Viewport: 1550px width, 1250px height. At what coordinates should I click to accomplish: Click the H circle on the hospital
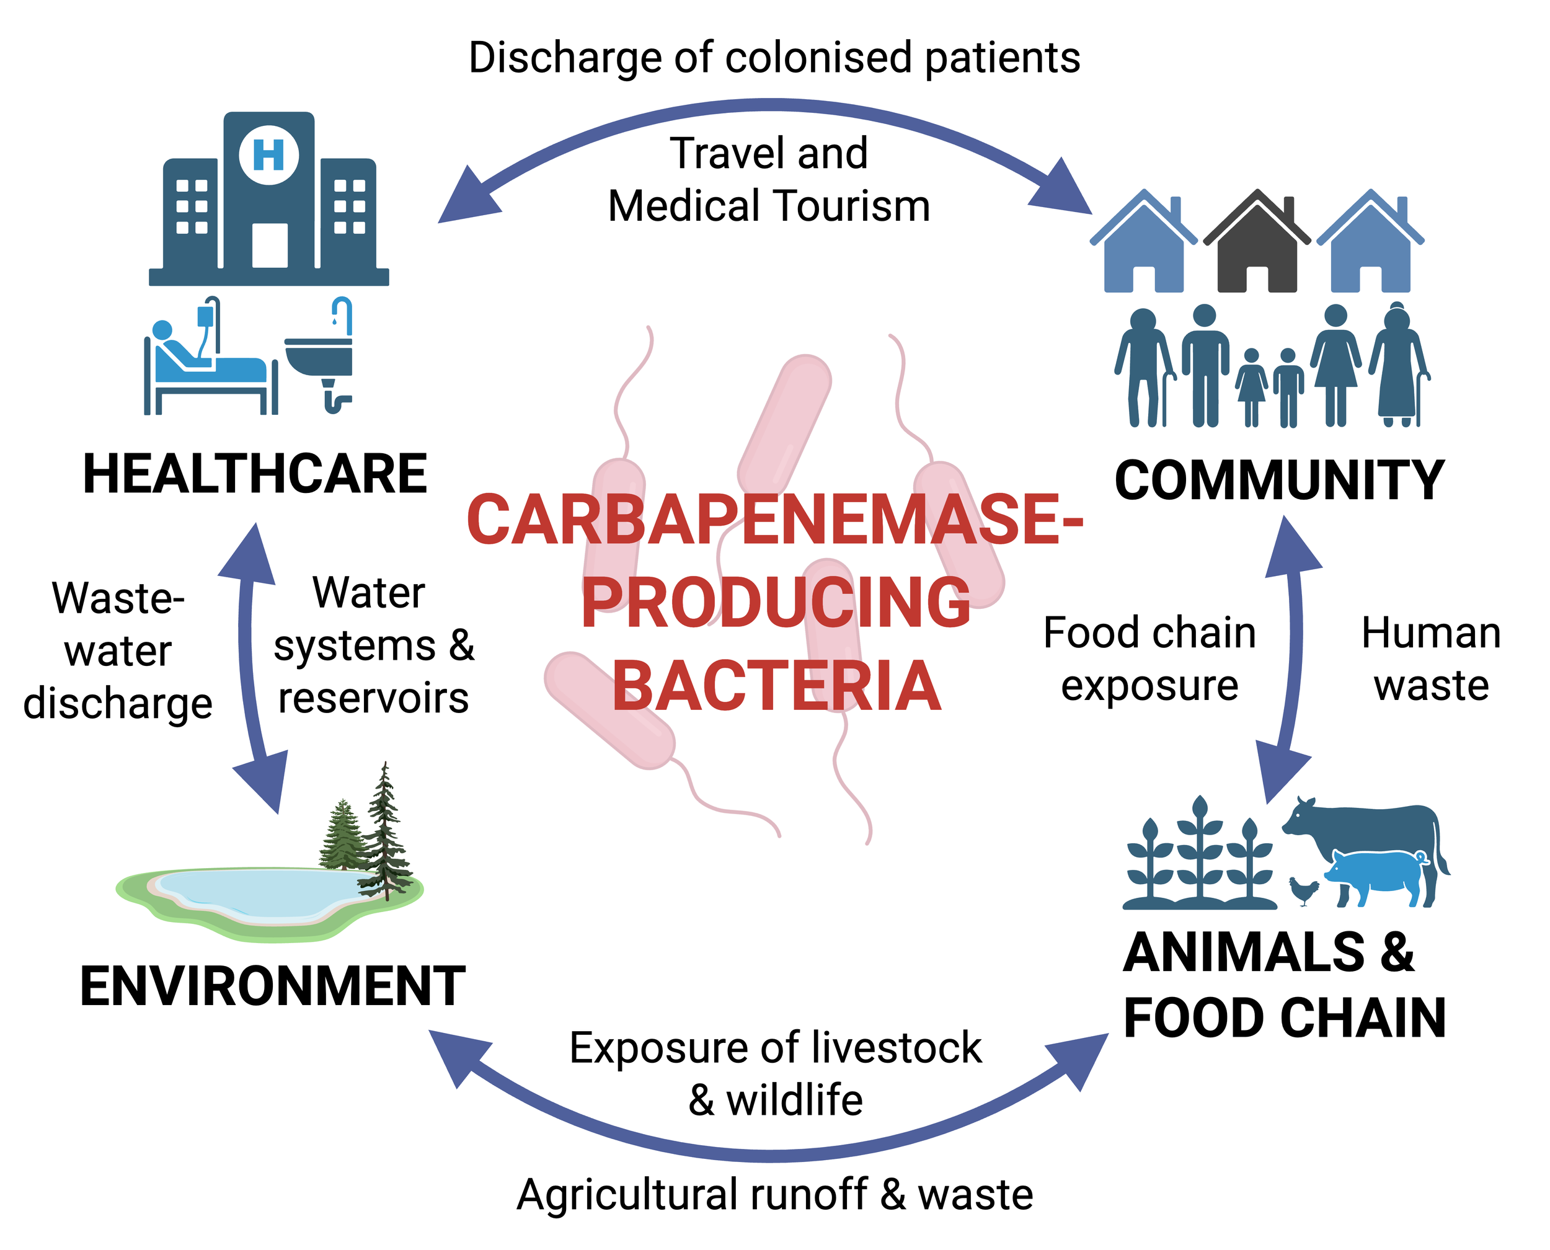point(268,154)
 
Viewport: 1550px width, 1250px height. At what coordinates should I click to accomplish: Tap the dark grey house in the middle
point(1256,245)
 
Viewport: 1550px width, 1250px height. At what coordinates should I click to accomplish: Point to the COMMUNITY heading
point(1279,481)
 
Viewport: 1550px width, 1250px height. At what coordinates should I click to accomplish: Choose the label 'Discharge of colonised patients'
point(774,58)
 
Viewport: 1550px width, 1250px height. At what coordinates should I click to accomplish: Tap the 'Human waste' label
point(1430,659)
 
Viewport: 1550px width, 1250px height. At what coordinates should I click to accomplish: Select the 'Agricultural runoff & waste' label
point(774,1195)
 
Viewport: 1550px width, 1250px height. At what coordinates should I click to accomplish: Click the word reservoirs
point(373,698)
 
